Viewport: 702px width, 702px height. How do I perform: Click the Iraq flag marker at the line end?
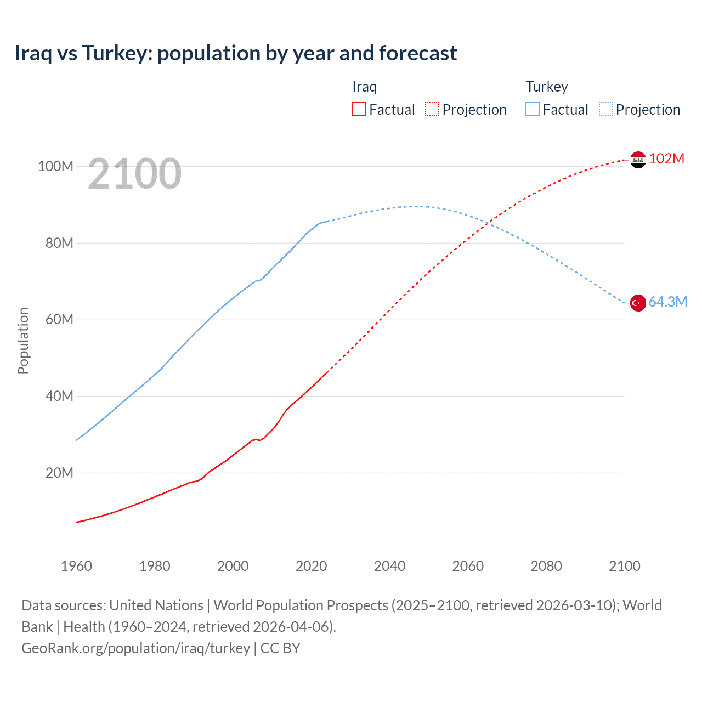click(638, 160)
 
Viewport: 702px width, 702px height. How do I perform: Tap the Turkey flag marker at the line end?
click(638, 303)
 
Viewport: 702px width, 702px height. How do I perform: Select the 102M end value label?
click(666, 158)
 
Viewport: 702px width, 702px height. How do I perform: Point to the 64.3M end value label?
click(667, 302)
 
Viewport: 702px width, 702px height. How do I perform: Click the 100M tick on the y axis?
click(55, 166)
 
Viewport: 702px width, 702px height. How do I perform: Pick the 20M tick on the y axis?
click(59, 473)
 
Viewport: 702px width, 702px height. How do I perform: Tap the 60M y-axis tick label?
click(59, 319)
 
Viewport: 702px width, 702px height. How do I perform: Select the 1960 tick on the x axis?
click(76, 566)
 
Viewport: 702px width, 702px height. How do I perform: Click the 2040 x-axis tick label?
click(389, 566)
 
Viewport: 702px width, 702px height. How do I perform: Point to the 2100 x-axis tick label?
click(624, 566)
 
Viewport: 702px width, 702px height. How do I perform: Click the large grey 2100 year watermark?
click(134, 174)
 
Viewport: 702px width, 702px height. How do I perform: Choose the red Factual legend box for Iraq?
click(359, 110)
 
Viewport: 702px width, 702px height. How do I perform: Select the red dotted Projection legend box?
click(432, 110)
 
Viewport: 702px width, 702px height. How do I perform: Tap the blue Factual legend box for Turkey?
click(533, 110)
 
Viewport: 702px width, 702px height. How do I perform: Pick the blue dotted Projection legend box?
click(605, 110)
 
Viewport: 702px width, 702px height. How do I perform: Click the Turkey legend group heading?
click(546, 87)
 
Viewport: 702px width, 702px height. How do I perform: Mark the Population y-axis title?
click(23, 341)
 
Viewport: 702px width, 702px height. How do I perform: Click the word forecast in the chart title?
click(417, 53)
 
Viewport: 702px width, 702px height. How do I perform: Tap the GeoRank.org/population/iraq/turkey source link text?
click(135, 648)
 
